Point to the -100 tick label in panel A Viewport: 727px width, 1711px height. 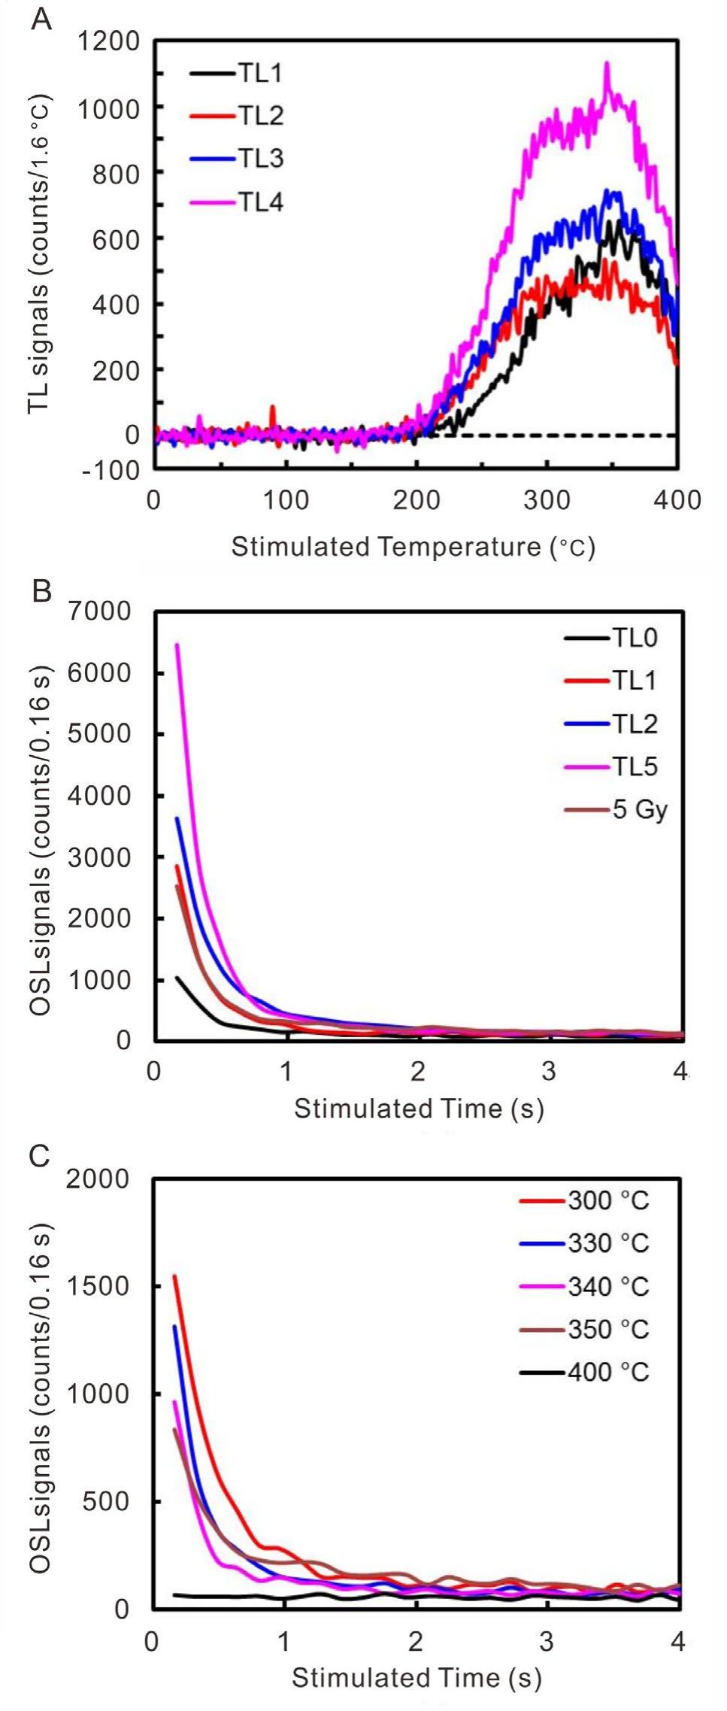113,469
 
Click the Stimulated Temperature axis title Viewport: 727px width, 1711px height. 413,547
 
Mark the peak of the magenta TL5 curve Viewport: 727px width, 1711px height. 177,645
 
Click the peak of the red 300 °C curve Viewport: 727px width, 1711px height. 175,1276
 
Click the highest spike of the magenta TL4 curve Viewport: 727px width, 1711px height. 607,63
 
